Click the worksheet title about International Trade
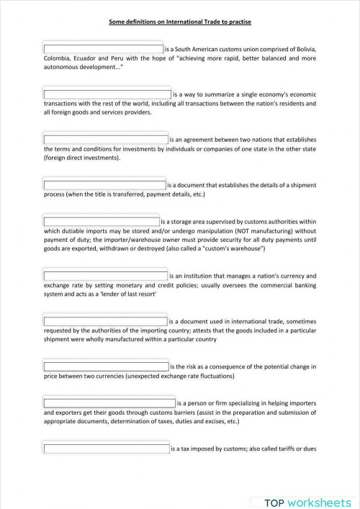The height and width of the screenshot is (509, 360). point(180,22)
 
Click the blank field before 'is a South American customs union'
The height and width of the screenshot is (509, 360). point(104,48)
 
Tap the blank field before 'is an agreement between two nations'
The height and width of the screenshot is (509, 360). point(106,140)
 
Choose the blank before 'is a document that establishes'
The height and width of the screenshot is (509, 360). point(105,185)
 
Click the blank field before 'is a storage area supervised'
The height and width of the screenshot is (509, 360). point(102,222)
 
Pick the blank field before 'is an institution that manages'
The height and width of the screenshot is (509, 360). point(106,276)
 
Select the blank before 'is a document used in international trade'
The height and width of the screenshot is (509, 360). point(105,321)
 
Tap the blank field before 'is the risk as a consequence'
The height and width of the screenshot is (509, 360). point(106,366)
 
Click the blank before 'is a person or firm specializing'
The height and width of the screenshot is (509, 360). point(109,403)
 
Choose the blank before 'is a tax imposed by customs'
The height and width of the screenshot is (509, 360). point(107,449)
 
